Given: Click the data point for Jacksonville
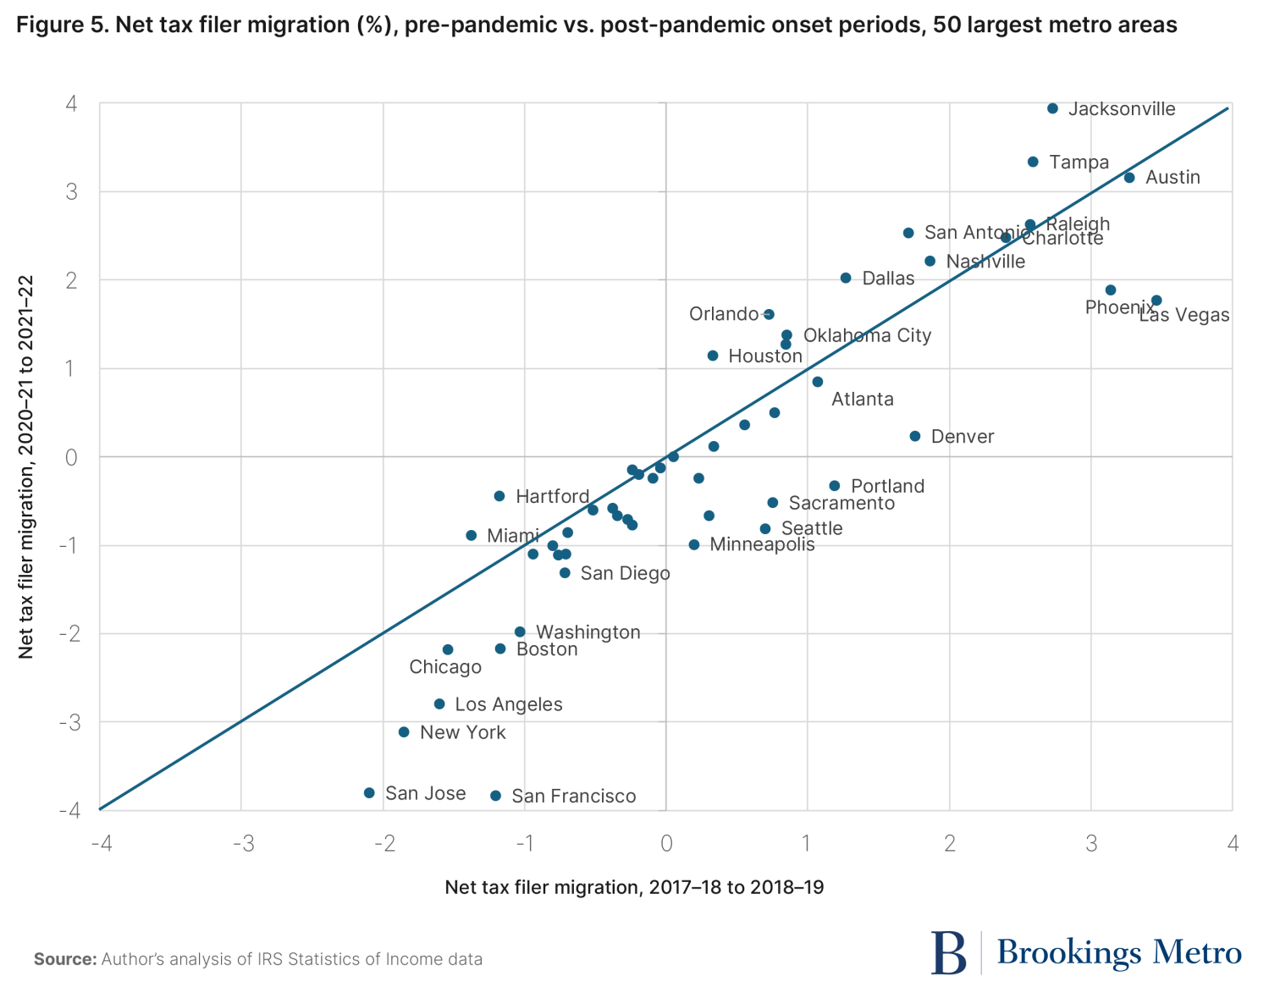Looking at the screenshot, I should pos(1052,108).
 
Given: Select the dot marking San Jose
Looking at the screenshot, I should pos(369,792).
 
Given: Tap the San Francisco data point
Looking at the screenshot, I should pos(496,796).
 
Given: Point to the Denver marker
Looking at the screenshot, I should pos(914,436).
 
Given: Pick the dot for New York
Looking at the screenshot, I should pos(404,731).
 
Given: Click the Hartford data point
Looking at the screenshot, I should pos(499,496).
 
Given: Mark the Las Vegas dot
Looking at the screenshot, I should pos(1156,301).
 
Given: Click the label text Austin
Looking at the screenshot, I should pos(1172,177).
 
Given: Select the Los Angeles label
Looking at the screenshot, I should pos(509,704).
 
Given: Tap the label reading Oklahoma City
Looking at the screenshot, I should pos(867,335).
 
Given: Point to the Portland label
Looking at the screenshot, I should pos(887,486).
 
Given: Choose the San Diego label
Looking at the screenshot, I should pos(625,573).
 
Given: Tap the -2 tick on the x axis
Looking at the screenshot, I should pos(384,843).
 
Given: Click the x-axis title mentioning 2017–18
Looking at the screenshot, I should pos(634,887).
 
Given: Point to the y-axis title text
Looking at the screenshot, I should pos(26,466).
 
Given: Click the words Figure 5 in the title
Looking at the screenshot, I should pos(60,25).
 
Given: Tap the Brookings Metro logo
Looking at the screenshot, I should pos(1086,953).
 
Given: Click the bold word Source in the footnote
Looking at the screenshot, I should pos(64,959).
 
